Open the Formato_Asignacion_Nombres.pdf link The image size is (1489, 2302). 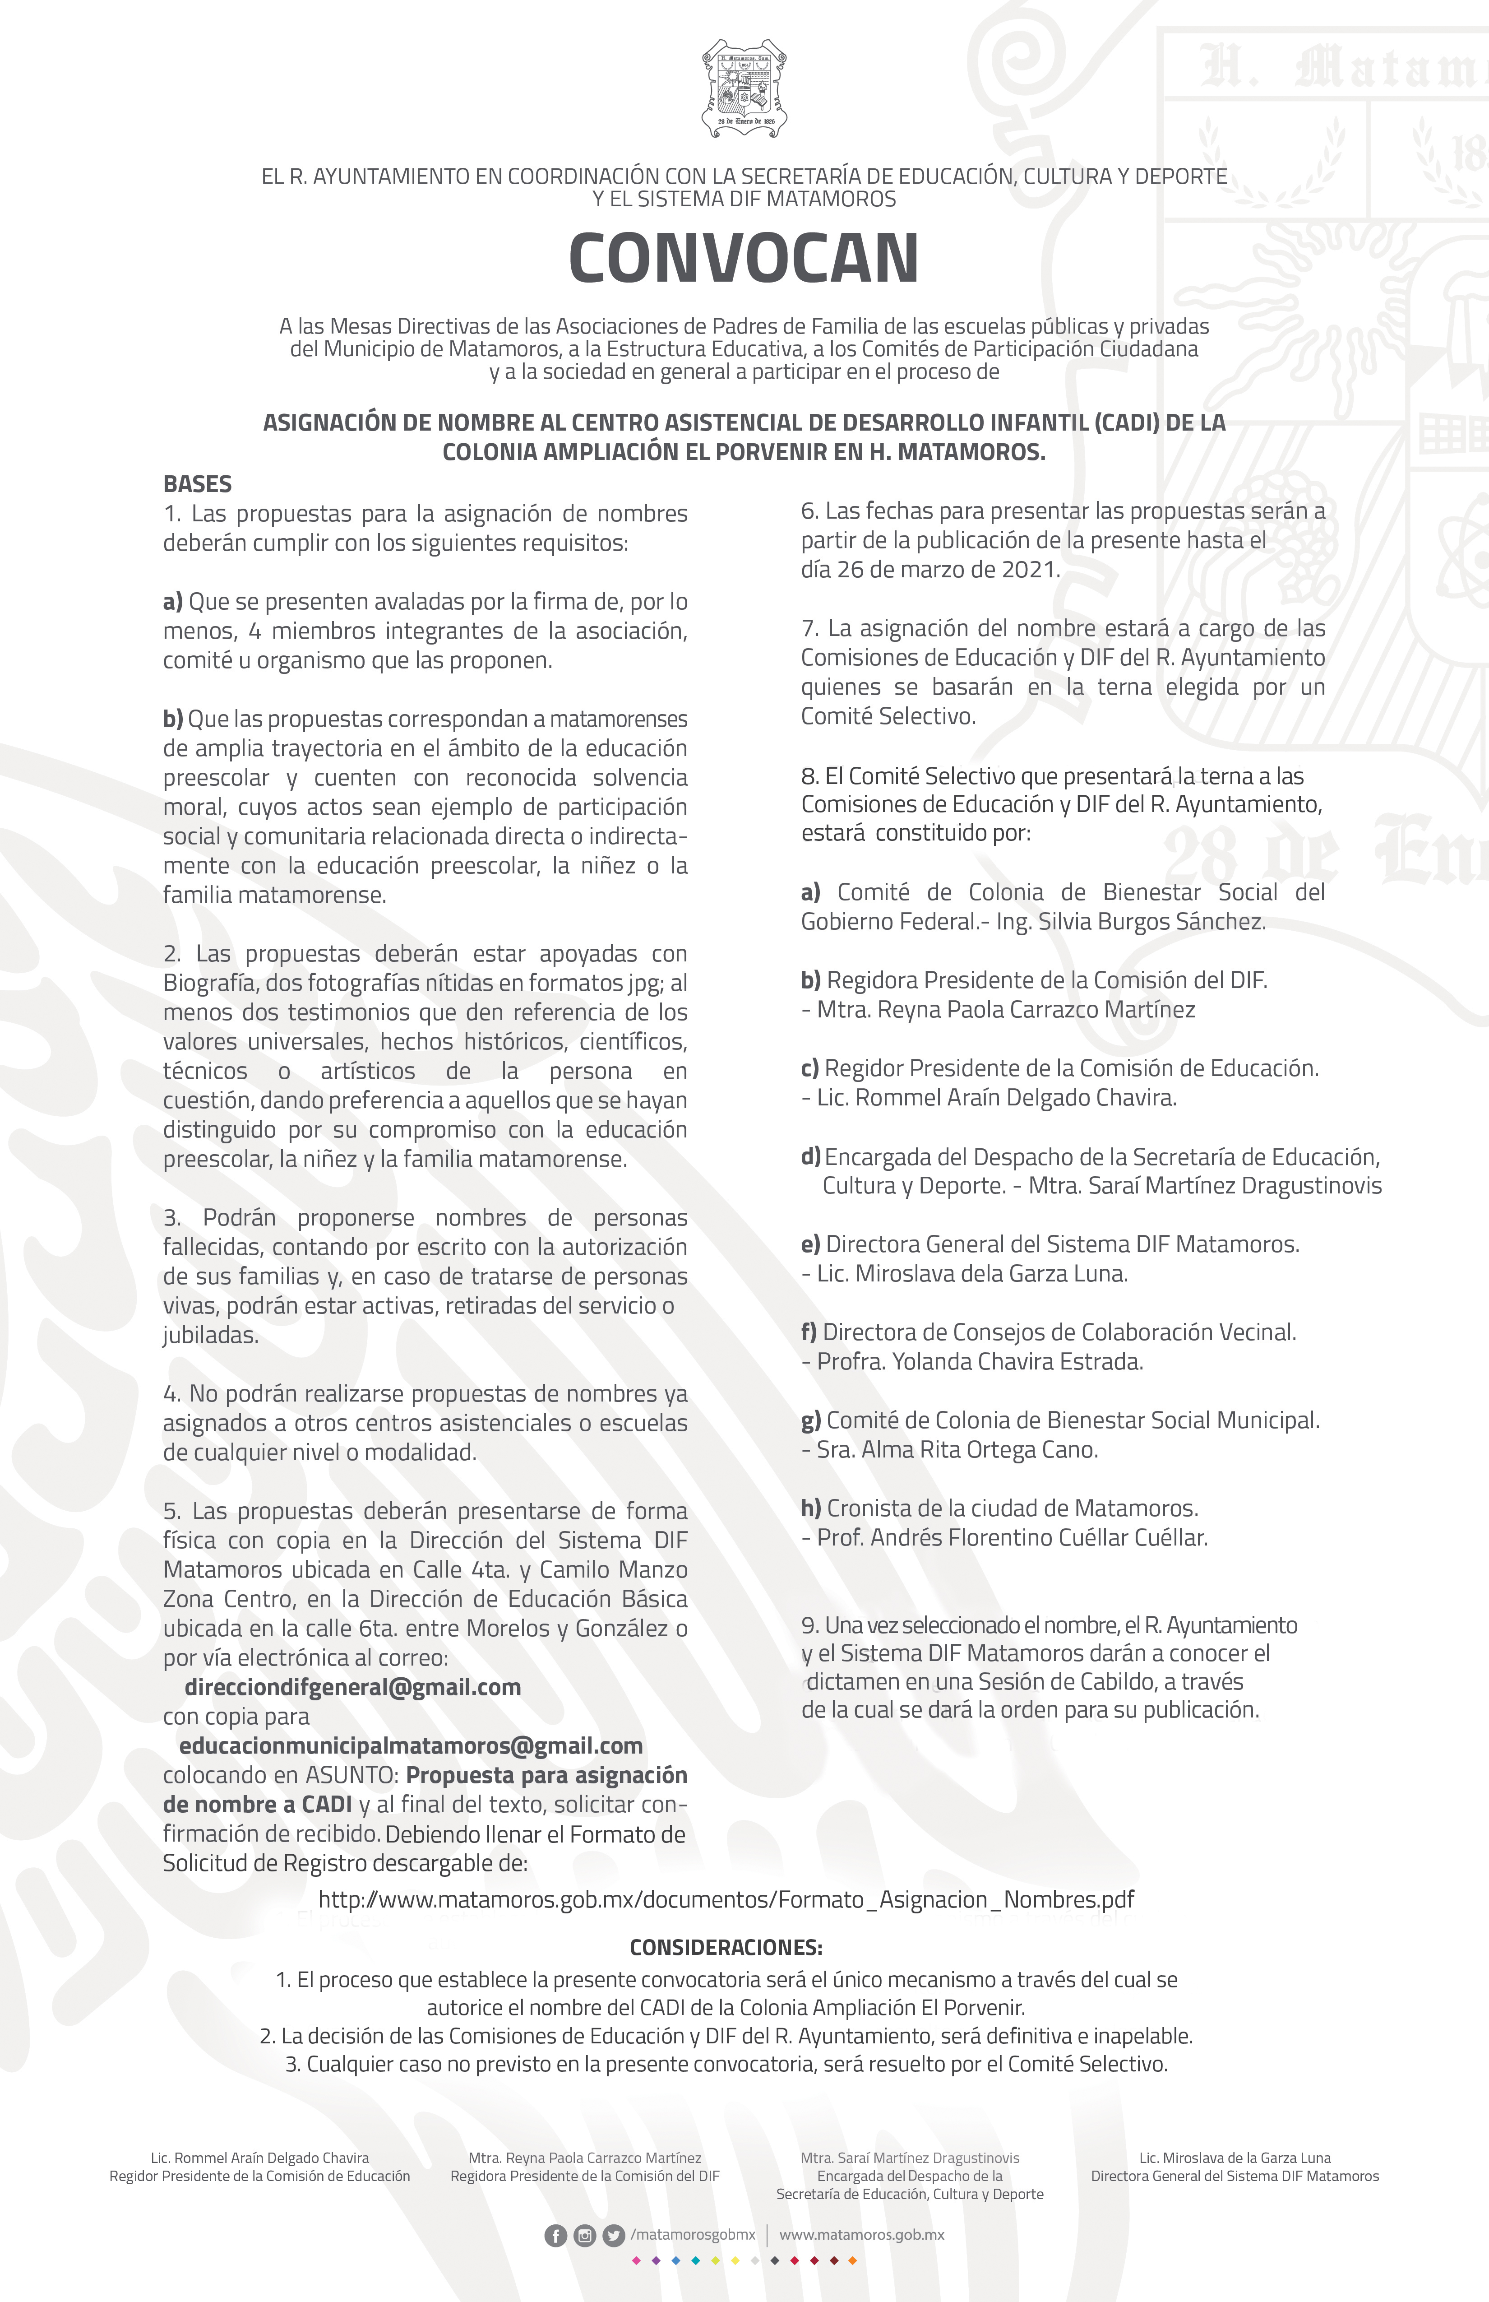point(726,1898)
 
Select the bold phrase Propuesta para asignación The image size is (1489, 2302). point(546,1776)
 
